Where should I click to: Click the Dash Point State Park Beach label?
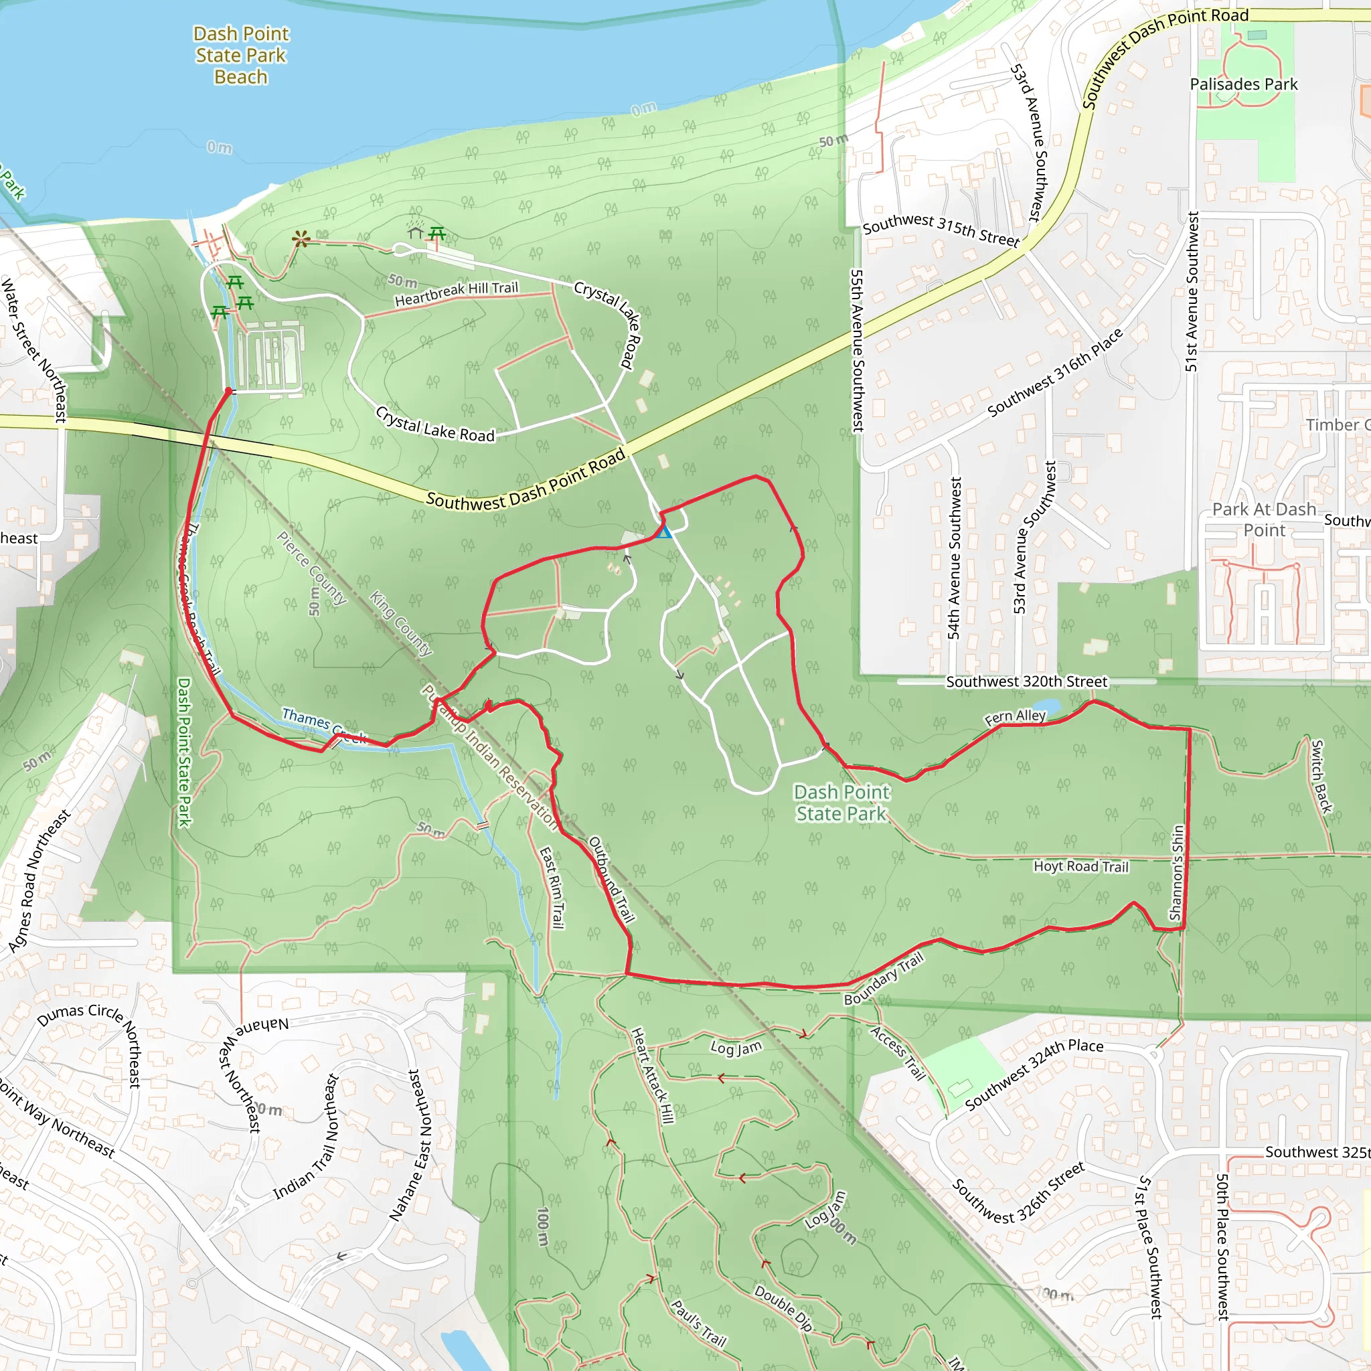[x=240, y=56]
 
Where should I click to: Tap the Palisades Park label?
[x=1243, y=84]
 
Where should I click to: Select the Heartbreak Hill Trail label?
[x=457, y=293]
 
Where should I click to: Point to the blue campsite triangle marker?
[x=663, y=532]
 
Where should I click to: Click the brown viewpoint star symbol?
[x=301, y=239]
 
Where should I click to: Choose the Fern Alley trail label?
[x=1015, y=718]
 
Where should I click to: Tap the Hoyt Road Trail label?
[x=1080, y=866]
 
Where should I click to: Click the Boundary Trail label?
[x=884, y=979]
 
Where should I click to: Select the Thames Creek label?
[x=323, y=725]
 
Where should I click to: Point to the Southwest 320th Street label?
[x=1026, y=682]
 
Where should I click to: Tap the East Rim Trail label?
[x=552, y=888]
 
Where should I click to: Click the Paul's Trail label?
[x=699, y=1323]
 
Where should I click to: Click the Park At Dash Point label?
[x=1264, y=519]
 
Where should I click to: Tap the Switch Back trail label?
[x=1321, y=777]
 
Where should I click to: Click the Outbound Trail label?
[x=611, y=879]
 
